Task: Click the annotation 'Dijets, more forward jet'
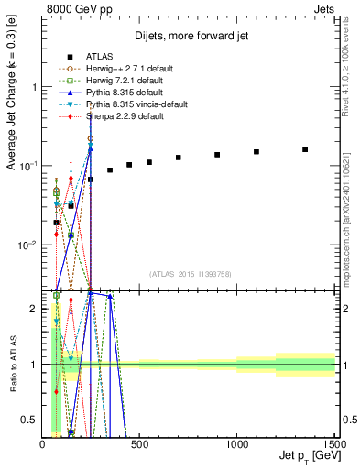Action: coord(190,37)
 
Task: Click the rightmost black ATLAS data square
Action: coord(305,149)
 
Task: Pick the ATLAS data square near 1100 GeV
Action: coord(256,152)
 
